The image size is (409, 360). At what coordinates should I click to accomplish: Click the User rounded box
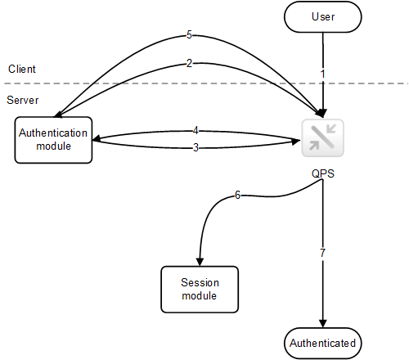(323, 16)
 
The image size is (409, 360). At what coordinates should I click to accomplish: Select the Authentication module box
(53, 140)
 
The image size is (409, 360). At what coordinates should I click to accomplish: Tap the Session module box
(199, 289)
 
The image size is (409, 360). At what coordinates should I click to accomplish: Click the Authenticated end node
(323, 343)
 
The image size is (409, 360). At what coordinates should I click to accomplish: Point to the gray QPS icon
(322, 138)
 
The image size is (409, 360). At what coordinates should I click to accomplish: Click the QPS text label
(321, 173)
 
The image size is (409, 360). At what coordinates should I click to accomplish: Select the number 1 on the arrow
(322, 74)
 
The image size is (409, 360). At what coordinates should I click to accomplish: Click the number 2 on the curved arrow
(189, 63)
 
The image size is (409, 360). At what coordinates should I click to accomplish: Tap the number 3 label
(195, 147)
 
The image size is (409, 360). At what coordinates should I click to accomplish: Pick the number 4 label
(195, 130)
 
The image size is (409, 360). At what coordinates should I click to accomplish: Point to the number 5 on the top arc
(189, 35)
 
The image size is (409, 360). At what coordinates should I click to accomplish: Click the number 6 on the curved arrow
(237, 196)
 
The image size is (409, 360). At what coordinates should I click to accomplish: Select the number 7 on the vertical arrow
(322, 254)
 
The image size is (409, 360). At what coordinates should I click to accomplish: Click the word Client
(22, 69)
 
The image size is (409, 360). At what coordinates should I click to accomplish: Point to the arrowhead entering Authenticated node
(323, 325)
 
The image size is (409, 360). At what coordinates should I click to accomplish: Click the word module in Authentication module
(53, 146)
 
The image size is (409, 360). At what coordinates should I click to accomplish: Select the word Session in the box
(199, 283)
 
